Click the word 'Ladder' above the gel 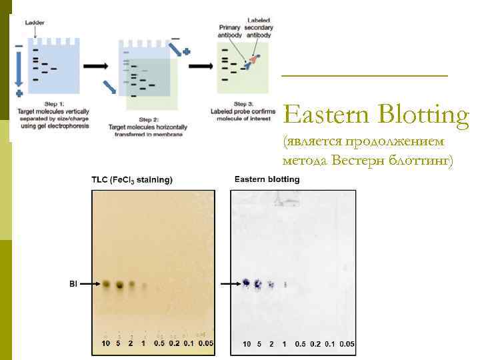[35, 22]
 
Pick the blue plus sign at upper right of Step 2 [187, 51]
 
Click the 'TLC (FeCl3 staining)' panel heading [132, 179]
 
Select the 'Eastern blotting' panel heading [267, 179]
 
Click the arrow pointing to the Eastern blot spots [231, 284]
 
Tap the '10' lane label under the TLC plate [105, 343]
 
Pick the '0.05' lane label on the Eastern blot [347, 344]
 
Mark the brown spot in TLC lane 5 [120, 285]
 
